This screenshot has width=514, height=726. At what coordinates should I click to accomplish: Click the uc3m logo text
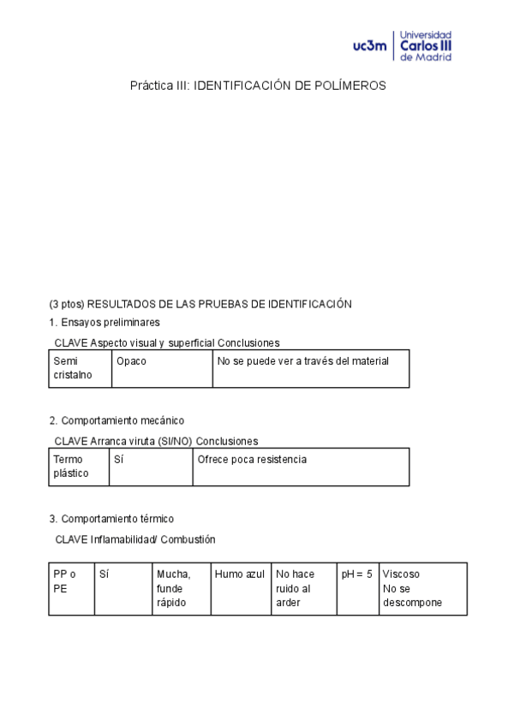point(369,46)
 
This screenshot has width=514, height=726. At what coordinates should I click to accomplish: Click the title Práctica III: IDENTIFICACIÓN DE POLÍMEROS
point(258,86)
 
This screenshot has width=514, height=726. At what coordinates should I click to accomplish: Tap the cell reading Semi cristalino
point(80,368)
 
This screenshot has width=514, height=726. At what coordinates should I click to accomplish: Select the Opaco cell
point(162,368)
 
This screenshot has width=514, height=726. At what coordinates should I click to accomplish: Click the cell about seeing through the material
point(310,368)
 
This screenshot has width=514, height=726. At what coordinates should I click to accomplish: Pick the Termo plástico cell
point(79,467)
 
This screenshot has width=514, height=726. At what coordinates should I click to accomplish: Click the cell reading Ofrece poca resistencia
point(301,467)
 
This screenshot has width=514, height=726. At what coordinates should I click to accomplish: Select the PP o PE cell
point(71,588)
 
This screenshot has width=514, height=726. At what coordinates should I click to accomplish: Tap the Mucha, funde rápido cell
point(181,588)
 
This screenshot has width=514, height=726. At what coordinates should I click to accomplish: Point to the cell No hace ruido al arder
point(303,588)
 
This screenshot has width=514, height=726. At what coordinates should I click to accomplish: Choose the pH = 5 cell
point(357,588)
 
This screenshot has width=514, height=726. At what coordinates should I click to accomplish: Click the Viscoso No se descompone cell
point(422,588)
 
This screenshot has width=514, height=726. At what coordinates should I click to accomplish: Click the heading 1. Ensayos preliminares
point(105,323)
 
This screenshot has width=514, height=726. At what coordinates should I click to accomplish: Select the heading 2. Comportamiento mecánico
point(117,420)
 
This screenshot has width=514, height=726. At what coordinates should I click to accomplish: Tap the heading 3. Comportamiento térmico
point(111,519)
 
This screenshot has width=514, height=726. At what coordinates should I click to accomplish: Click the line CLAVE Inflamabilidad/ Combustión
point(135,539)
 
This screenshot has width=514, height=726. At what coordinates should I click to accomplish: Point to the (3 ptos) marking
point(67,304)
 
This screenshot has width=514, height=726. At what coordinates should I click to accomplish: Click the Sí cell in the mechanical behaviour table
point(151,467)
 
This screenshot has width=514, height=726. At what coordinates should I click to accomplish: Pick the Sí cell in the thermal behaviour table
point(123,588)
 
